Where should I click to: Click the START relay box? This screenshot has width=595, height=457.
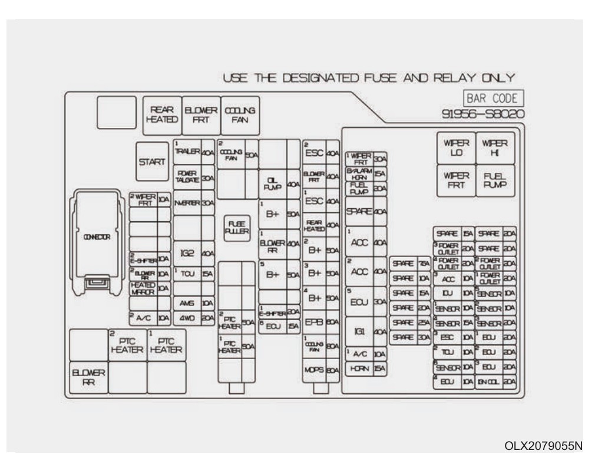153,161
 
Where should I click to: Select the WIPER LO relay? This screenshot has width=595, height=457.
457,147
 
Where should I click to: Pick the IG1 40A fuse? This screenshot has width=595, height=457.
366,332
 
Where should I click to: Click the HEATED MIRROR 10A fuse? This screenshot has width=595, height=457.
150,288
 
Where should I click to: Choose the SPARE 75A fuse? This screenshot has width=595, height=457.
411,263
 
